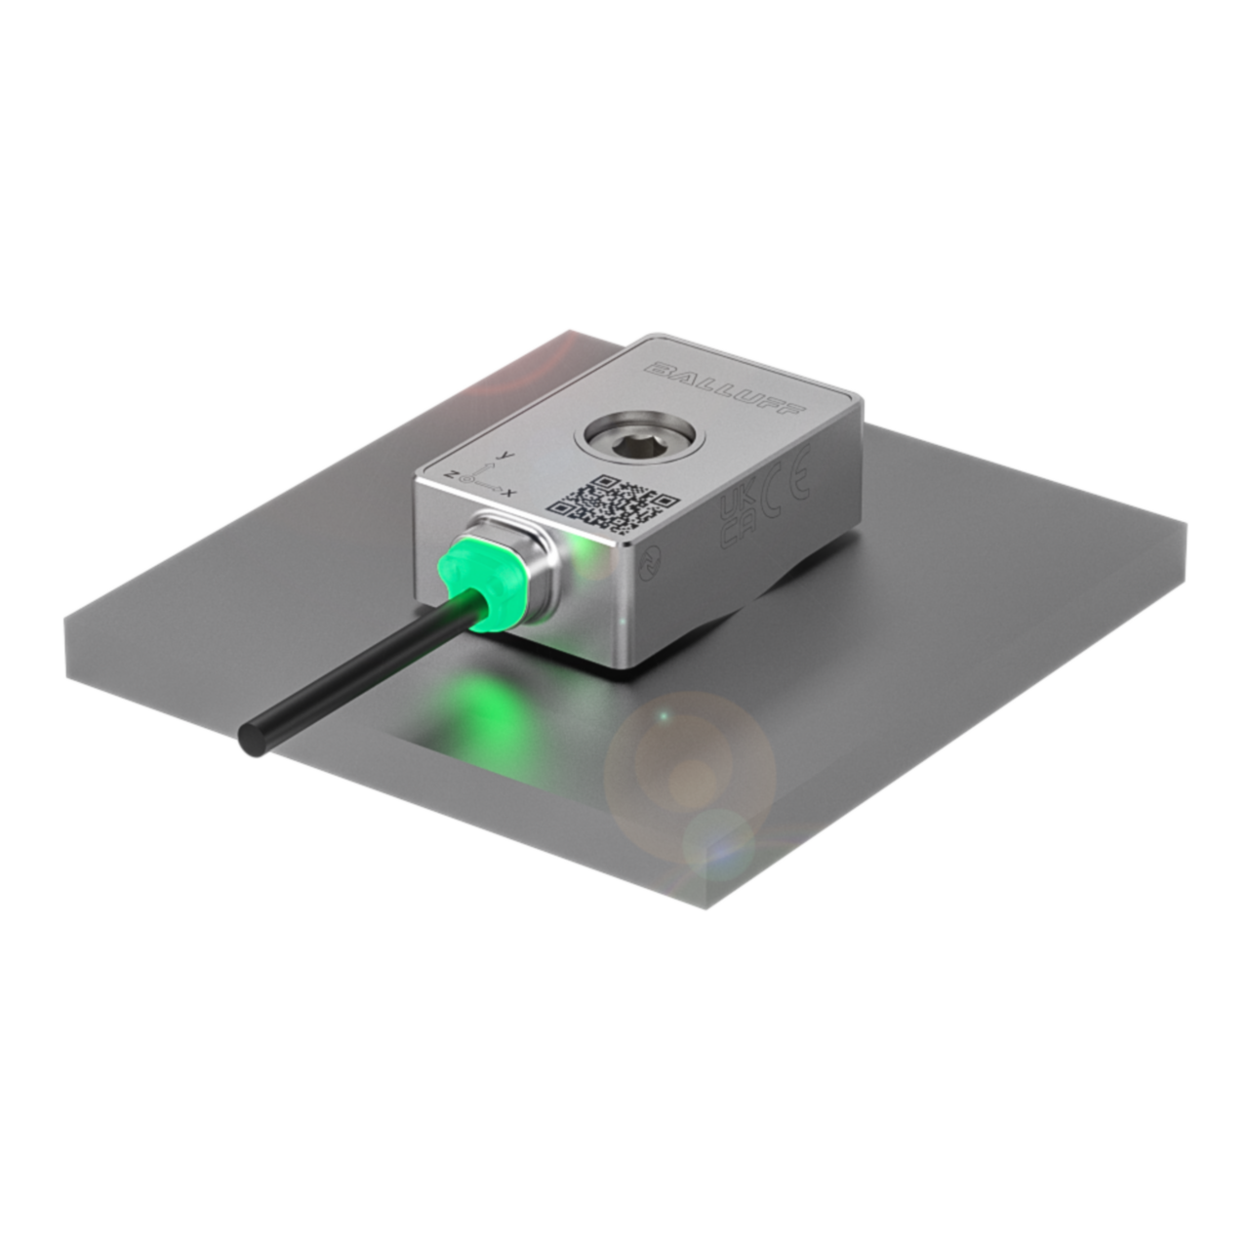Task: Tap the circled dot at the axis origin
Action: pyautogui.click(x=471, y=478)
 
